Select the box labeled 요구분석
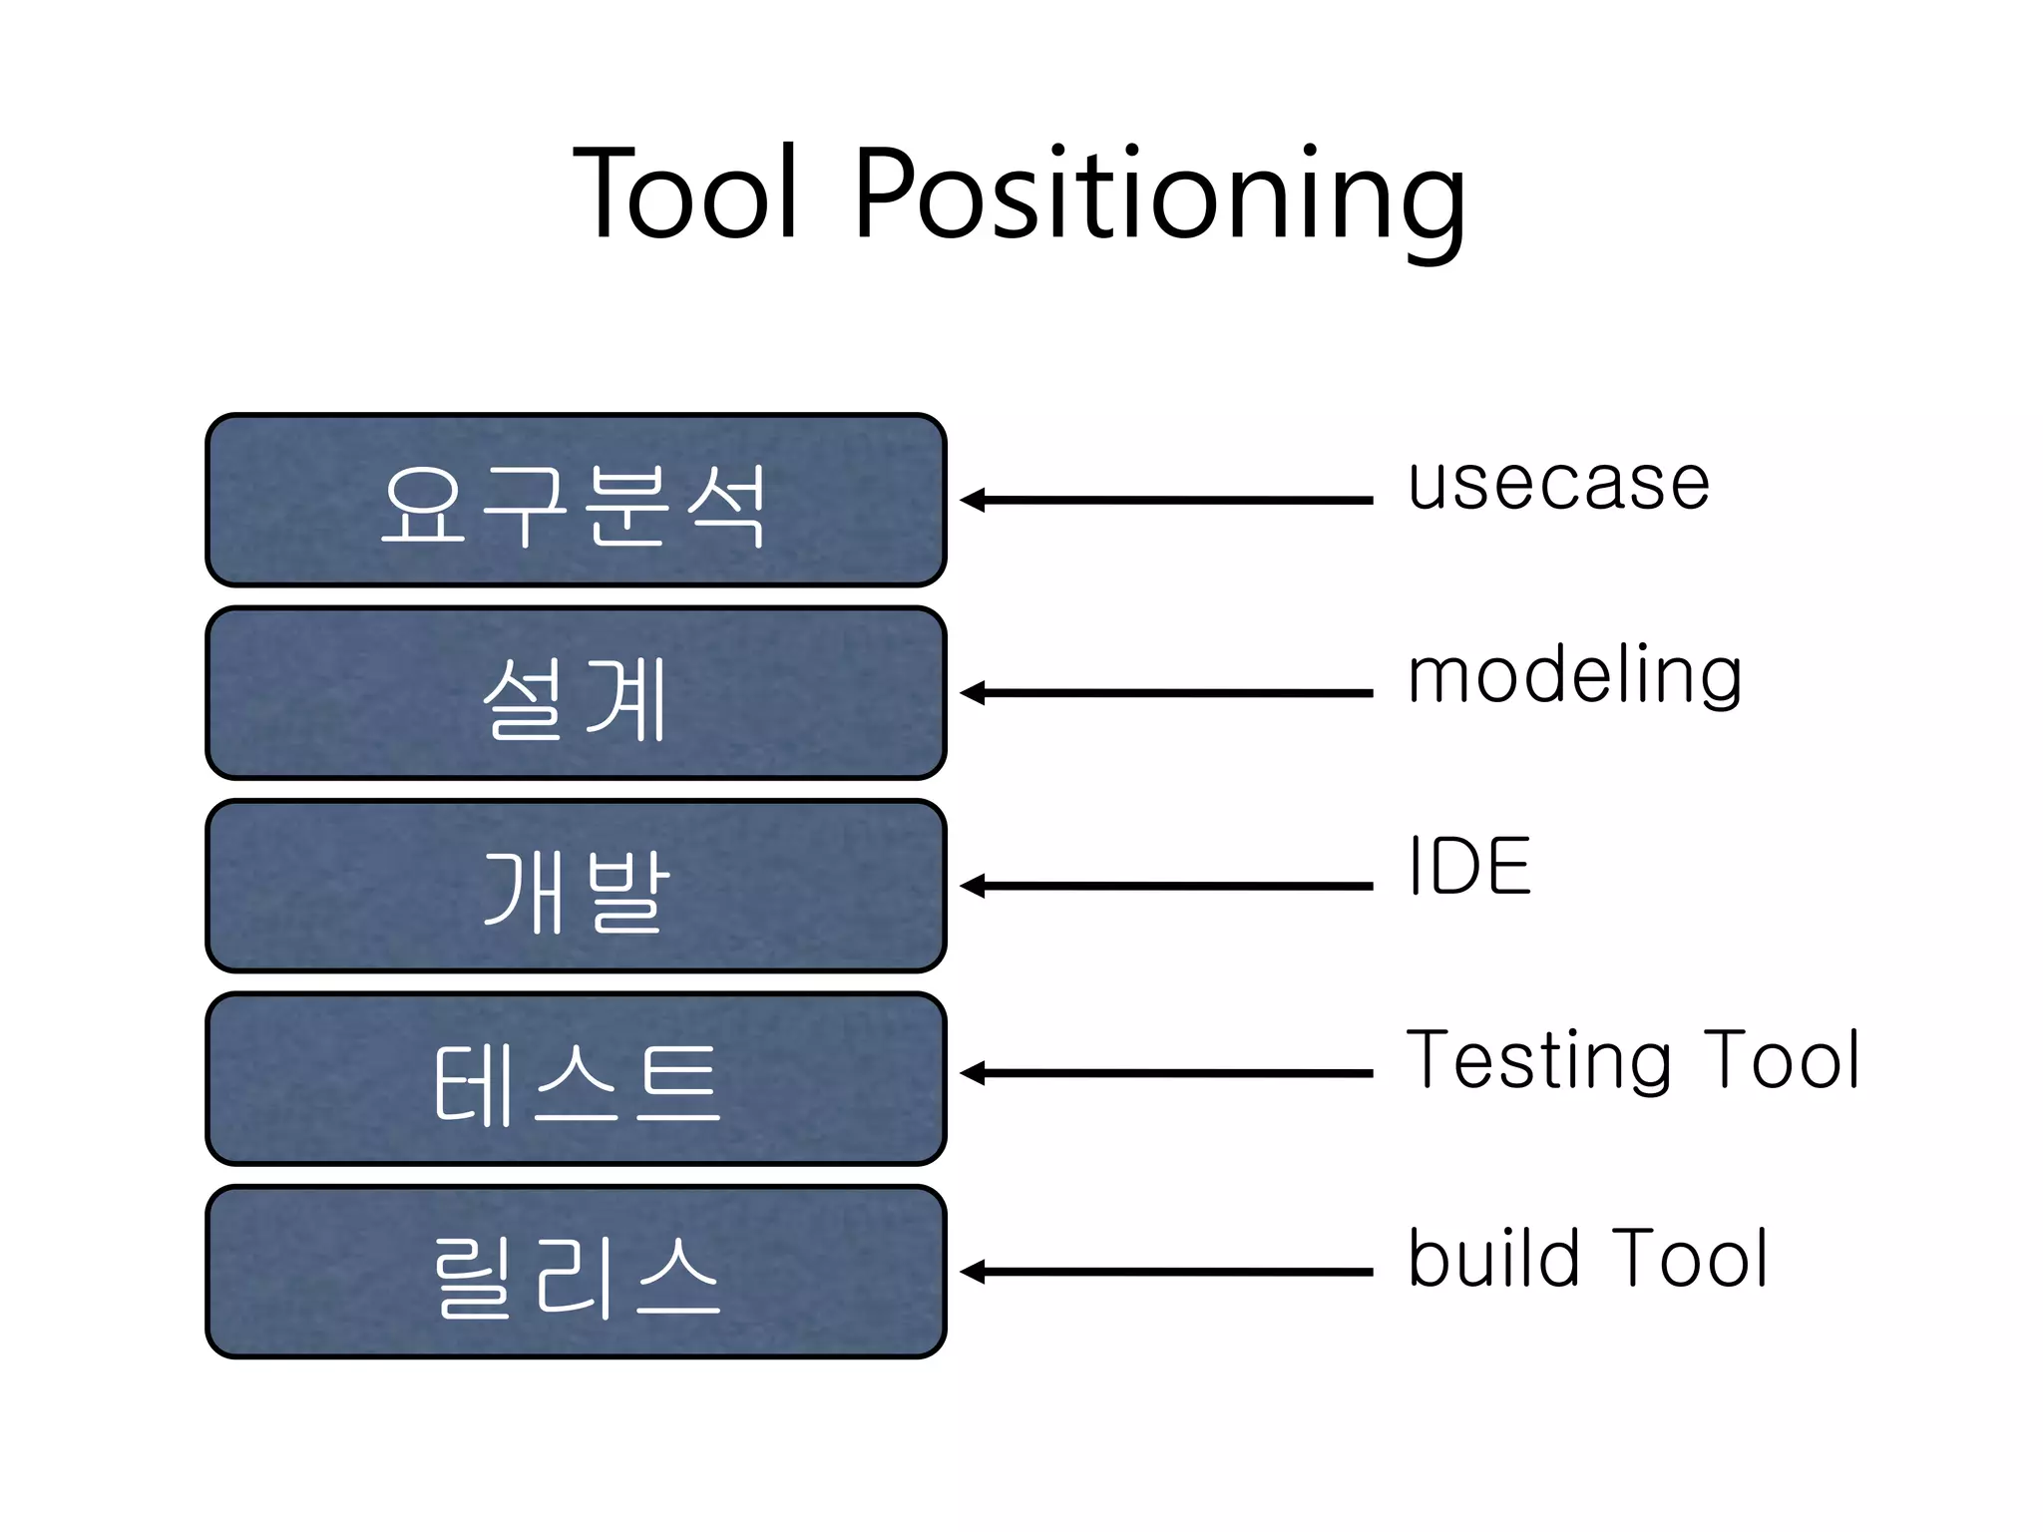(x=576, y=500)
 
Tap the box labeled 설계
(x=576, y=693)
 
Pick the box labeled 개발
(x=576, y=886)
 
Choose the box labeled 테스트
(x=576, y=1079)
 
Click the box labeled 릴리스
(x=576, y=1272)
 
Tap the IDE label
(x=1468, y=866)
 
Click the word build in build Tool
(x=1493, y=1259)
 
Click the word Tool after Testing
(x=1782, y=1059)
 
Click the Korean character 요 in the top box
(x=424, y=505)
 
